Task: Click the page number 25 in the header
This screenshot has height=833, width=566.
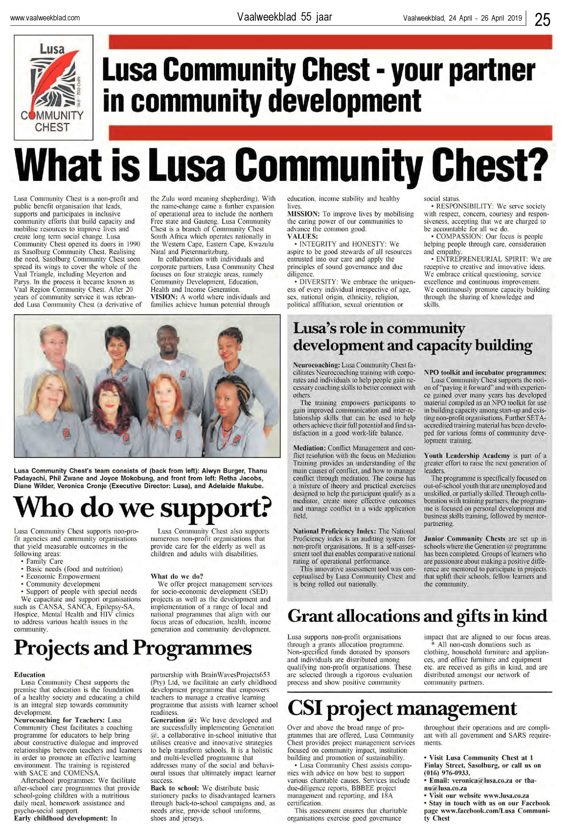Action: click(542, 19)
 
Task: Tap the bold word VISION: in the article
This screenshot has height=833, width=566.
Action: click(164, 297)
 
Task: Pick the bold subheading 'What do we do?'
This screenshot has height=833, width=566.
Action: click(177, 576)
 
